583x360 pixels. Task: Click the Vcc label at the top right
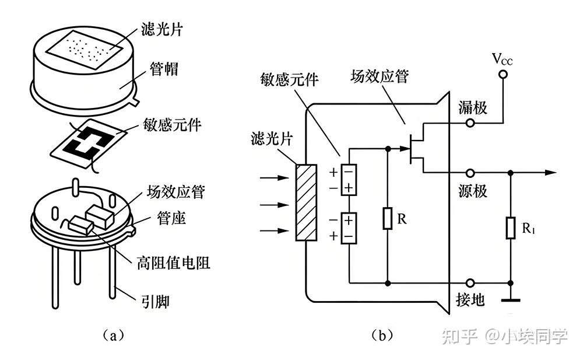[x=502, y=59]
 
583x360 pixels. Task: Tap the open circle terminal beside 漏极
[x=470, y=123]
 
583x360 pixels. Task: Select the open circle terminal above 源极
[x=470, y=173]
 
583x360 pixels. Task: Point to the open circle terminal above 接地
[x=470, y=283]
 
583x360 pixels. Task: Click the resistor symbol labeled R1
[x=511, y=228]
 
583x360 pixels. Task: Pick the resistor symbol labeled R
[x=388, y=219]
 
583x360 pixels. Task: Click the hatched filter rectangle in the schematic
[x=306, y=202]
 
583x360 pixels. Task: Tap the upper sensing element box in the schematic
[x=349, y=180]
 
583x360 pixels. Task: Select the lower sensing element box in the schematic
[x=349, y=228]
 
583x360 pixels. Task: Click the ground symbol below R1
[x=511, y=299]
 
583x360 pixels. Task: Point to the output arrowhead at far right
[x=551, y=173]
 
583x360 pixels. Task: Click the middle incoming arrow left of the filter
[x=275, y=205]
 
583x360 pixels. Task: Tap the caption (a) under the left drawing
[x=113, y=335]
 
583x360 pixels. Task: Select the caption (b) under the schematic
[x=382, y=335]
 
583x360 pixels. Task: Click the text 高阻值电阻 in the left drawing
[x=174, y=263]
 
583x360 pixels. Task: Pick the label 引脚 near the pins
[x=156, y=301]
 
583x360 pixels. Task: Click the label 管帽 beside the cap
[x=164, y=69]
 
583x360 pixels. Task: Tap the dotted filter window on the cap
[x=85, y=50]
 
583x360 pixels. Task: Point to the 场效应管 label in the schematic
[x=380, y=76]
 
